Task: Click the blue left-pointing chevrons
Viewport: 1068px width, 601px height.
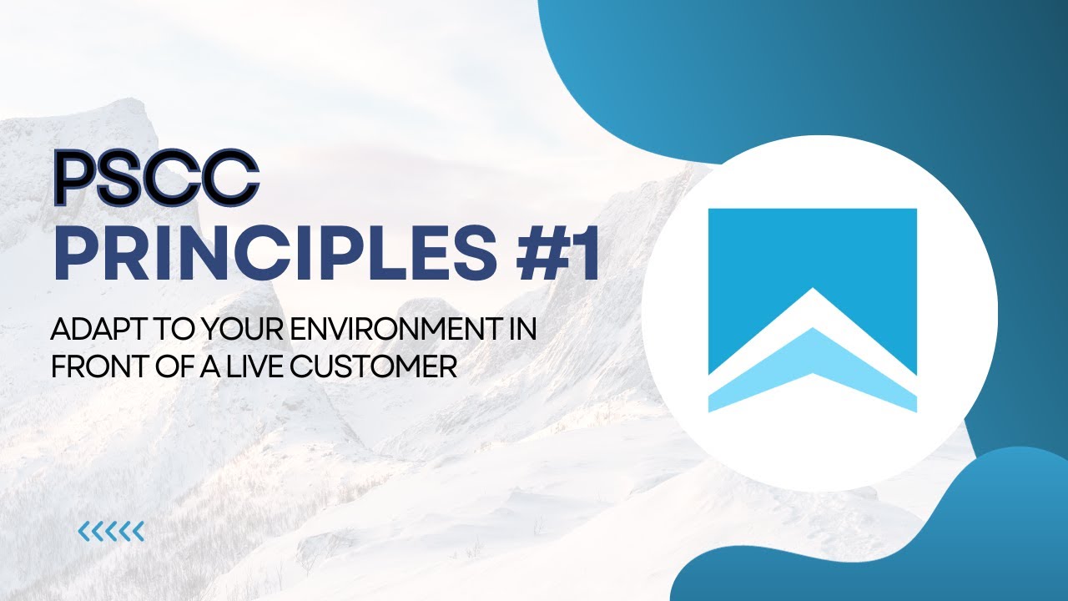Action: (x=111, y=531)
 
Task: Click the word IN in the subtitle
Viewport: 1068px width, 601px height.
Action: (x=521, y=331)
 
